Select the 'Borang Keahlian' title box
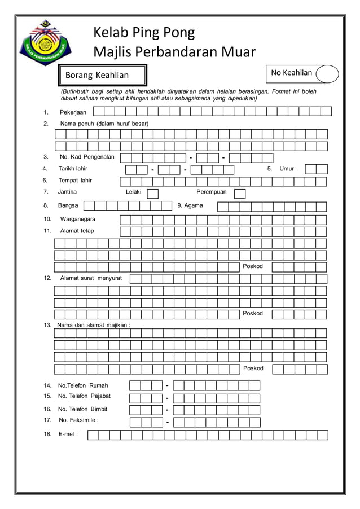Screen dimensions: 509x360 pos(104,75)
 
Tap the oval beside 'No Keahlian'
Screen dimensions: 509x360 pos(327,74)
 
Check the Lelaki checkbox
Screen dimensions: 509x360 pos(152,194)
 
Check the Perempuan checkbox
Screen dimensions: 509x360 pos(240,194)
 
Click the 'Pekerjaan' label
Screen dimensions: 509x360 pos(73,112)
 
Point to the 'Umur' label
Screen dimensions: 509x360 pos(287,169)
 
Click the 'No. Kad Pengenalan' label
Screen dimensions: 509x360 pos(87,157)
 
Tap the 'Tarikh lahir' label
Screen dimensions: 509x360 pos(73,169)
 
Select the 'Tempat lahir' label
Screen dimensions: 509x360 pos(75,181)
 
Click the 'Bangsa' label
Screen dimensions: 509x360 pos(68,205)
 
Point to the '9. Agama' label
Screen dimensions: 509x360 pos(190,205)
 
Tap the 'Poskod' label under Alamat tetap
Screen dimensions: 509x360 pos(253,266)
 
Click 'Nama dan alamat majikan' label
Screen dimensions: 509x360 pos(94,325)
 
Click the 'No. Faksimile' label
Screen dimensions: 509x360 pos(78,420)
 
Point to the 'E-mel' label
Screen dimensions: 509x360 pos(68,435)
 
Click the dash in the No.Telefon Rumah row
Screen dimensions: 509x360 pos(168,385)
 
